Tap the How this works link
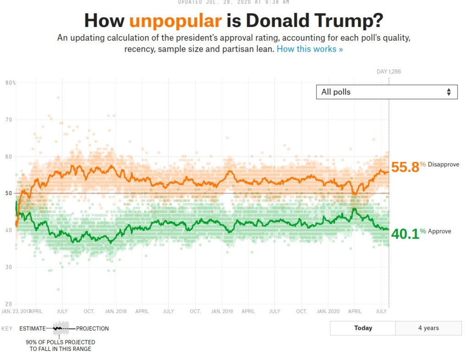(x=310, y=49)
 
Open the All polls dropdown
(x=387, y=92)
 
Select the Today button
(x=363, y=328)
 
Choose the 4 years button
(x=428, y=328)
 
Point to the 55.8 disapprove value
(x=405, y=167)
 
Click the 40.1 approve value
(x=405, y=234)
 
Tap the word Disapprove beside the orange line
(x=443, y=164)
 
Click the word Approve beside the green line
(x=439, y=231)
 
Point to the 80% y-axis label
(x=10, y=83)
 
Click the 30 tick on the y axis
(x=8, y=267)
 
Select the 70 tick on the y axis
(x=8, y=120)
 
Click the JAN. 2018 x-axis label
(x=115, y=311)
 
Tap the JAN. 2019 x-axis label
(x=222, y=311)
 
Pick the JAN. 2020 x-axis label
(x=328, y=311)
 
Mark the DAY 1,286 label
(x=389, y=71)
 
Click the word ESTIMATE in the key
(x=33, y=328)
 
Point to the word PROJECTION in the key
(x=93, y=328)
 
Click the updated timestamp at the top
(x=234, y=2)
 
